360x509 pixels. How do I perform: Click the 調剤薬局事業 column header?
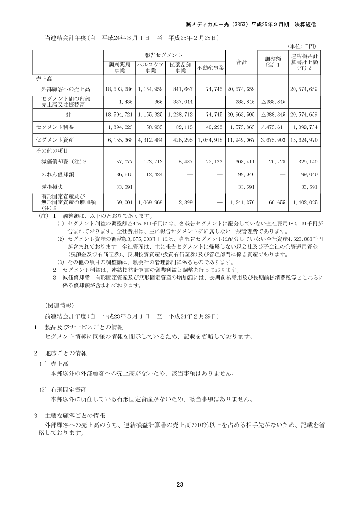click(120, 68)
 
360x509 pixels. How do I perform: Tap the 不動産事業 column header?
click(211, 68)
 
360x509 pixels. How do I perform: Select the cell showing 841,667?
click(182, 89)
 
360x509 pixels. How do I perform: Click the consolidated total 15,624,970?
click(304, 140)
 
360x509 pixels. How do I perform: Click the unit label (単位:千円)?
click(302, 46)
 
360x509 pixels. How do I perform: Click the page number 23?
click(180, 484)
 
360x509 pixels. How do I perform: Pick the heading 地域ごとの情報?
click(66, 353)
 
